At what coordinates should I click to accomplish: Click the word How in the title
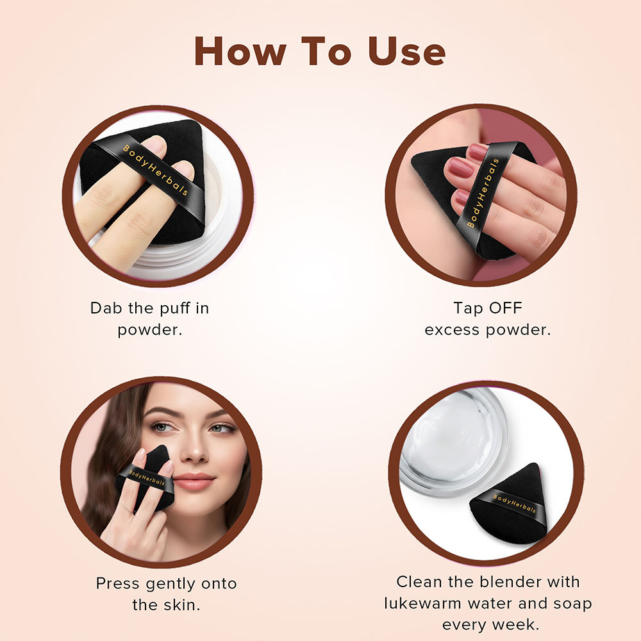tap(237, 51)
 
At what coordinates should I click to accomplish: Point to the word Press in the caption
tap(118, 583)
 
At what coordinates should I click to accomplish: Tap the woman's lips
tap(193, 481)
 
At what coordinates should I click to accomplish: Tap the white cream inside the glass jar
tap(452, 436)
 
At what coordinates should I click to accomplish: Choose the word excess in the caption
tap(455, 329)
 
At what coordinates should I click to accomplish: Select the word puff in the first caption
tap(174, 308)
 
